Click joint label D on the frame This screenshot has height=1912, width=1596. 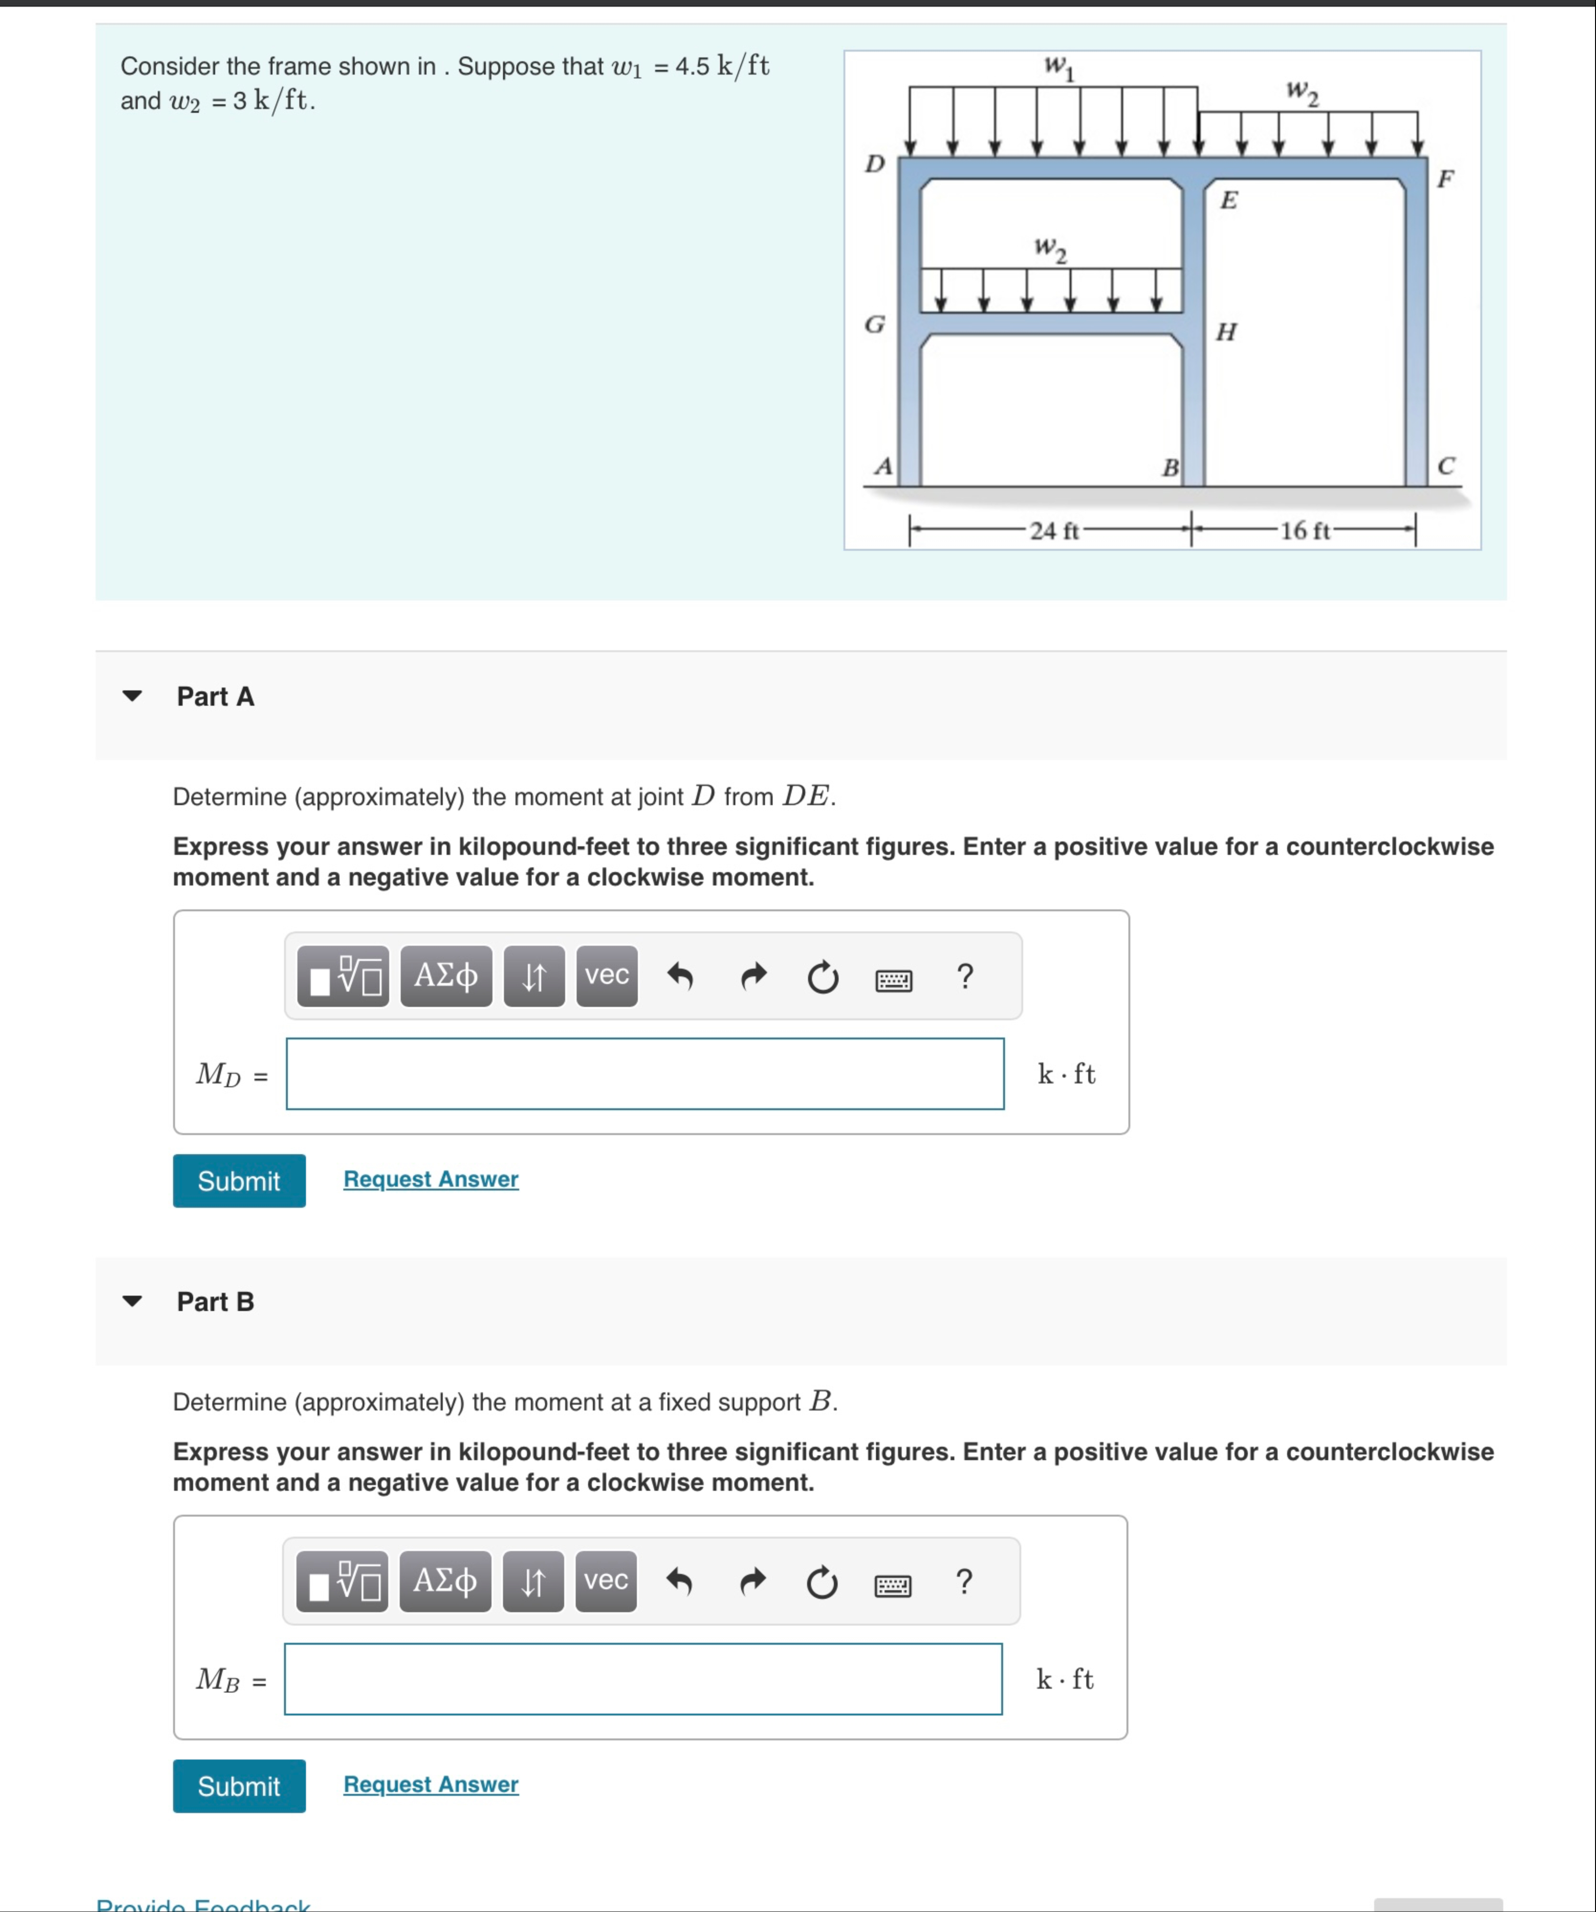pyautogui.click(x=874, y=164)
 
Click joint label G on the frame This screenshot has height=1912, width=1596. pyautogui.click(x=874, y=324)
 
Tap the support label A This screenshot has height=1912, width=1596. pyautogui.click(x=882, y=466)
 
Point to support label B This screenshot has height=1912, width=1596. pyautogui.click(x=1170, y=468)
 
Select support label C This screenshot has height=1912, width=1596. pyautogui.click(x=1446, y=466)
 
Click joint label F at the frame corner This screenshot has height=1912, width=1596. pyautogui.click(x=1445, y=178)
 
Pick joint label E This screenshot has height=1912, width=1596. pyautogui.click(x=1228, y=200)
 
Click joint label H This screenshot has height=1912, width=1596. pyautogui.click(x=1226, y=331)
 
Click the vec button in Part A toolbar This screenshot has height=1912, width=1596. pyautogui.click(x=606, y=975)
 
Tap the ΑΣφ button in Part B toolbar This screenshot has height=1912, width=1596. pyautogui.click(x=444, y=1581)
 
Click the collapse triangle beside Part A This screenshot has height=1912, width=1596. pyautogui.click(x=132, y=697)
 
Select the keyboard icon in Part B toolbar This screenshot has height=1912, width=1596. pyautogui.click(x=892, y=1586)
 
